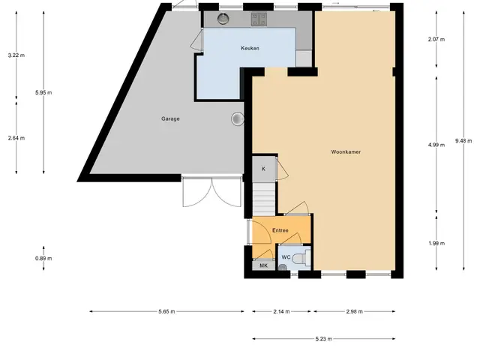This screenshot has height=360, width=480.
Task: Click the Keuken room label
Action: click(x=250, y=48)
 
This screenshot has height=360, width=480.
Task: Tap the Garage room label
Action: click(x=170, y=118)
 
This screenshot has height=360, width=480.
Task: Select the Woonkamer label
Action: click(x=346, y=151)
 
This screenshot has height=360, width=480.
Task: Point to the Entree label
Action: click(x=280, y=230)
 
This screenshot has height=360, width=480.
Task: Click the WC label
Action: click(x=286, y=257)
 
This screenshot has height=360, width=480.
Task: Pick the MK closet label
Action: click(x=263, y=265)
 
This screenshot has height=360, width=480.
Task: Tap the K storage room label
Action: click(x=263, y=169)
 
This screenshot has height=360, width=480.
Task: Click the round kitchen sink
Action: click(x=223, y=19)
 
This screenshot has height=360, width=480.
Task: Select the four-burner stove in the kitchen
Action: click(x=259, y=19)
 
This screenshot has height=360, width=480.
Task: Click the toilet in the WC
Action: click(x=301, y=258)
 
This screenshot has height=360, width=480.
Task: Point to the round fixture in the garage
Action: click(x=238, y=118)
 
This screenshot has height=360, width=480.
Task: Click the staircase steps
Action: click(x=264, y=199)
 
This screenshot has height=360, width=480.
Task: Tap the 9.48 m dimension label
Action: click(x=463, y=141)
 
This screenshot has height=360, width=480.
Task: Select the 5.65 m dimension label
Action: click(x=166, y=312)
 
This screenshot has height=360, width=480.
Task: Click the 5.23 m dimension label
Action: click(x=323, y=339)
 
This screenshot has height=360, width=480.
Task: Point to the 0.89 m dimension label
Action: click(x=43, y=258)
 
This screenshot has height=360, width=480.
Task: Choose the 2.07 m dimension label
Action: click(x=436, y=39)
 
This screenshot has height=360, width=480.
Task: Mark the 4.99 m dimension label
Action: click(x=436, y=145)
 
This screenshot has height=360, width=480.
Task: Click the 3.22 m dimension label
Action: click(x=16, y=55)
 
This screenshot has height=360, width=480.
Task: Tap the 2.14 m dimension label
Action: click(x=281, y=312)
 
